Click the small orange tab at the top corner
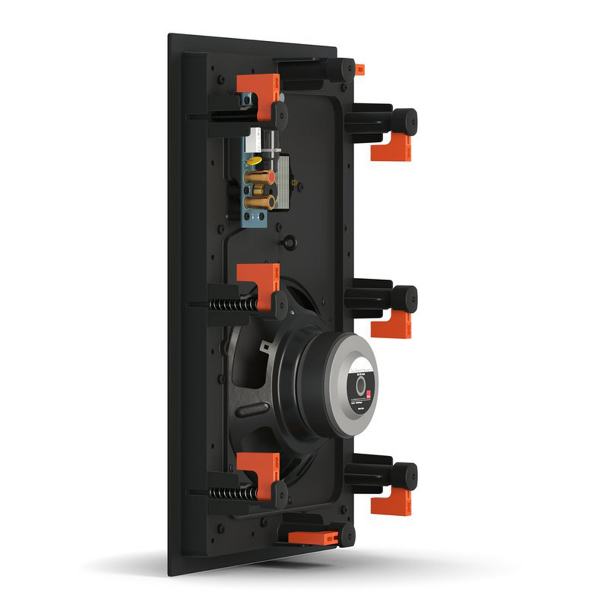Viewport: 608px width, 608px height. point(359,69)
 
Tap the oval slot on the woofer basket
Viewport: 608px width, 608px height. point(252,409)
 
